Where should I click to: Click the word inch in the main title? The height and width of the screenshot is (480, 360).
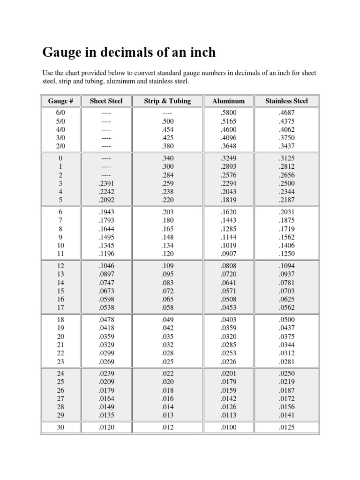point(202,52)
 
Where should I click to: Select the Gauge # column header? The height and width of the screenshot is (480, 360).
point(60,101)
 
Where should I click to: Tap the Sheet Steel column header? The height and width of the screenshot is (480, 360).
point(106,101)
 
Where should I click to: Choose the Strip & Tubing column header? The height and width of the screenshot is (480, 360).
point(167,101)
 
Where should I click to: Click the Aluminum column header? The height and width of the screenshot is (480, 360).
point(228,101)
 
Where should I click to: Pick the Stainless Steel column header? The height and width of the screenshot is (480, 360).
point(286,101)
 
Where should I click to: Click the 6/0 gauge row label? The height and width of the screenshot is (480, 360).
point(61,113)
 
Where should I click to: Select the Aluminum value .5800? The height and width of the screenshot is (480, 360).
point(228,113)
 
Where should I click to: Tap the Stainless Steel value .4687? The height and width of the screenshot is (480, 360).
point(286,113)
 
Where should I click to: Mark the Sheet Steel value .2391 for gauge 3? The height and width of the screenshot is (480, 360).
point(106,183)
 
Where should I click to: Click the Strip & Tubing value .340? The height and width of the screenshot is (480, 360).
point(167,158)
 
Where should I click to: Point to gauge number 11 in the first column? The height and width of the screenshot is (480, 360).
point(61,254)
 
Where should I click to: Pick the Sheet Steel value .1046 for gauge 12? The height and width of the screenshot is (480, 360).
point(106,265)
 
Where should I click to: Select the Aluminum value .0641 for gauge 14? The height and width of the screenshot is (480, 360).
point(228,282)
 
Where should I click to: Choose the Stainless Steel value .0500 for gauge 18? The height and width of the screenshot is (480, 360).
point(286,320)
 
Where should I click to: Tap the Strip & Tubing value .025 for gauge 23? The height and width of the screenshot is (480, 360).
point(167,361)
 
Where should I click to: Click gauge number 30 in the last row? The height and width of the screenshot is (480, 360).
point(61,427)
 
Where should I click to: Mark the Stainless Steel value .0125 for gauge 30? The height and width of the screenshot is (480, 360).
point(286,427)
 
